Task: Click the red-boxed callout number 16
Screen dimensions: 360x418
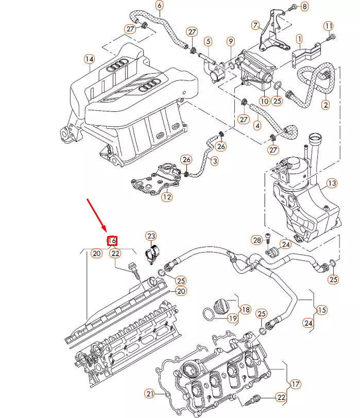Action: click(x=112, y=241)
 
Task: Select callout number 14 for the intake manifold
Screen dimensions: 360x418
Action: click(x=89, y=59)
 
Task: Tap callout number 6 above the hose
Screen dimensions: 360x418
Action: click(x=159, y=5)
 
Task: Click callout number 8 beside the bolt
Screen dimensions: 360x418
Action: click(x=304, y=6)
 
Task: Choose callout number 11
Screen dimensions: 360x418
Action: click(x=329, y=26)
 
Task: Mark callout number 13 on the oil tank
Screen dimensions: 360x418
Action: click(x=332, y=183)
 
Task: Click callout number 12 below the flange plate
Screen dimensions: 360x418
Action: click(x=167, y=197)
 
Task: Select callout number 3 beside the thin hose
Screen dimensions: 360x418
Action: click(x=215, y=161)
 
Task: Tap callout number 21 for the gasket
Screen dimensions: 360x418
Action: click(x=150, y=393)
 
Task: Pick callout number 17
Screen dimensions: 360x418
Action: click(x=295, y=384)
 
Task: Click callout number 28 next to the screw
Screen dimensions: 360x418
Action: click(x=256, y=240)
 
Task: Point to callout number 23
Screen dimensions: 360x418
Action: click(x=151, y=236)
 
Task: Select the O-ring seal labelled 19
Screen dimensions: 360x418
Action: click(x=209, y=314)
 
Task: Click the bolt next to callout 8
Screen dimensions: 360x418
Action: click(x=294, y=6)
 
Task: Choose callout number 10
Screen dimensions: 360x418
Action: click(x=264, y=101)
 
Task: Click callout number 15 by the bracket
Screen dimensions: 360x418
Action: click(x=321, y=310)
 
